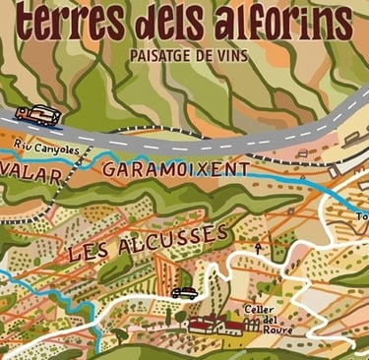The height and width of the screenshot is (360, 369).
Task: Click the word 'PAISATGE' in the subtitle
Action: (161, 55)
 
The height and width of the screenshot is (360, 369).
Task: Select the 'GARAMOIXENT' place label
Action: (175, 171)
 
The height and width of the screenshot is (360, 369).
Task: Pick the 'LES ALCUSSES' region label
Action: (148, 242)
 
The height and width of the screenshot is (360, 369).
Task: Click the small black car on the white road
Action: (184, 292)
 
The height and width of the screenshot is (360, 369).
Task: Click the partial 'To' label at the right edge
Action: (361, 215)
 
